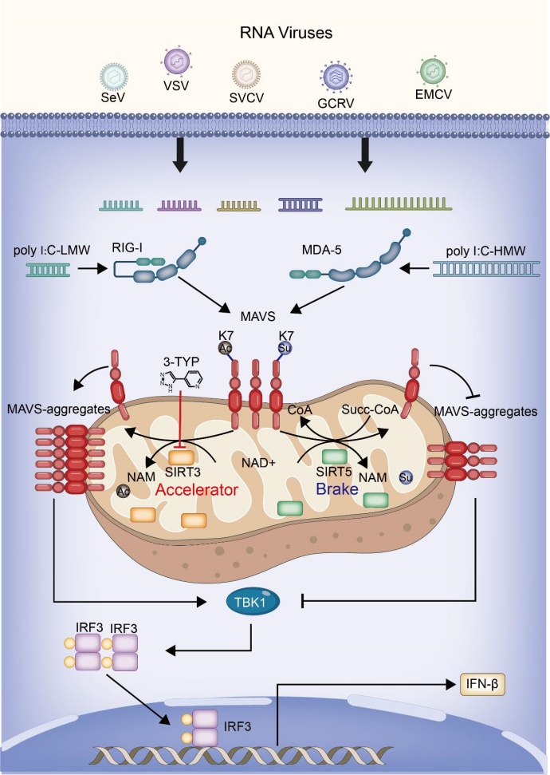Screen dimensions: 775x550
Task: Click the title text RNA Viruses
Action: coord(274,34)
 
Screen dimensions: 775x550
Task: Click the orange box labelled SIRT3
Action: coord(180,457)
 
